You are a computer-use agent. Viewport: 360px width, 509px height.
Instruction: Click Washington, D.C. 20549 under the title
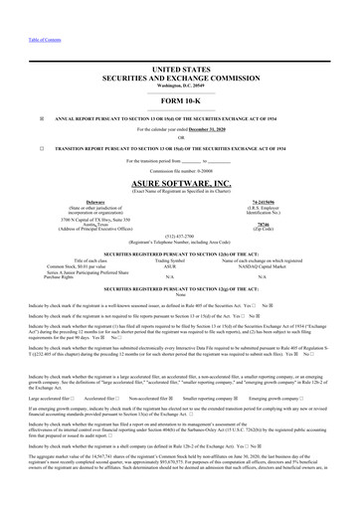tap(180, 76)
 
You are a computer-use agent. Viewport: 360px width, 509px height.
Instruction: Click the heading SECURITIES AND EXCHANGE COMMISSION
tap(180, 69)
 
